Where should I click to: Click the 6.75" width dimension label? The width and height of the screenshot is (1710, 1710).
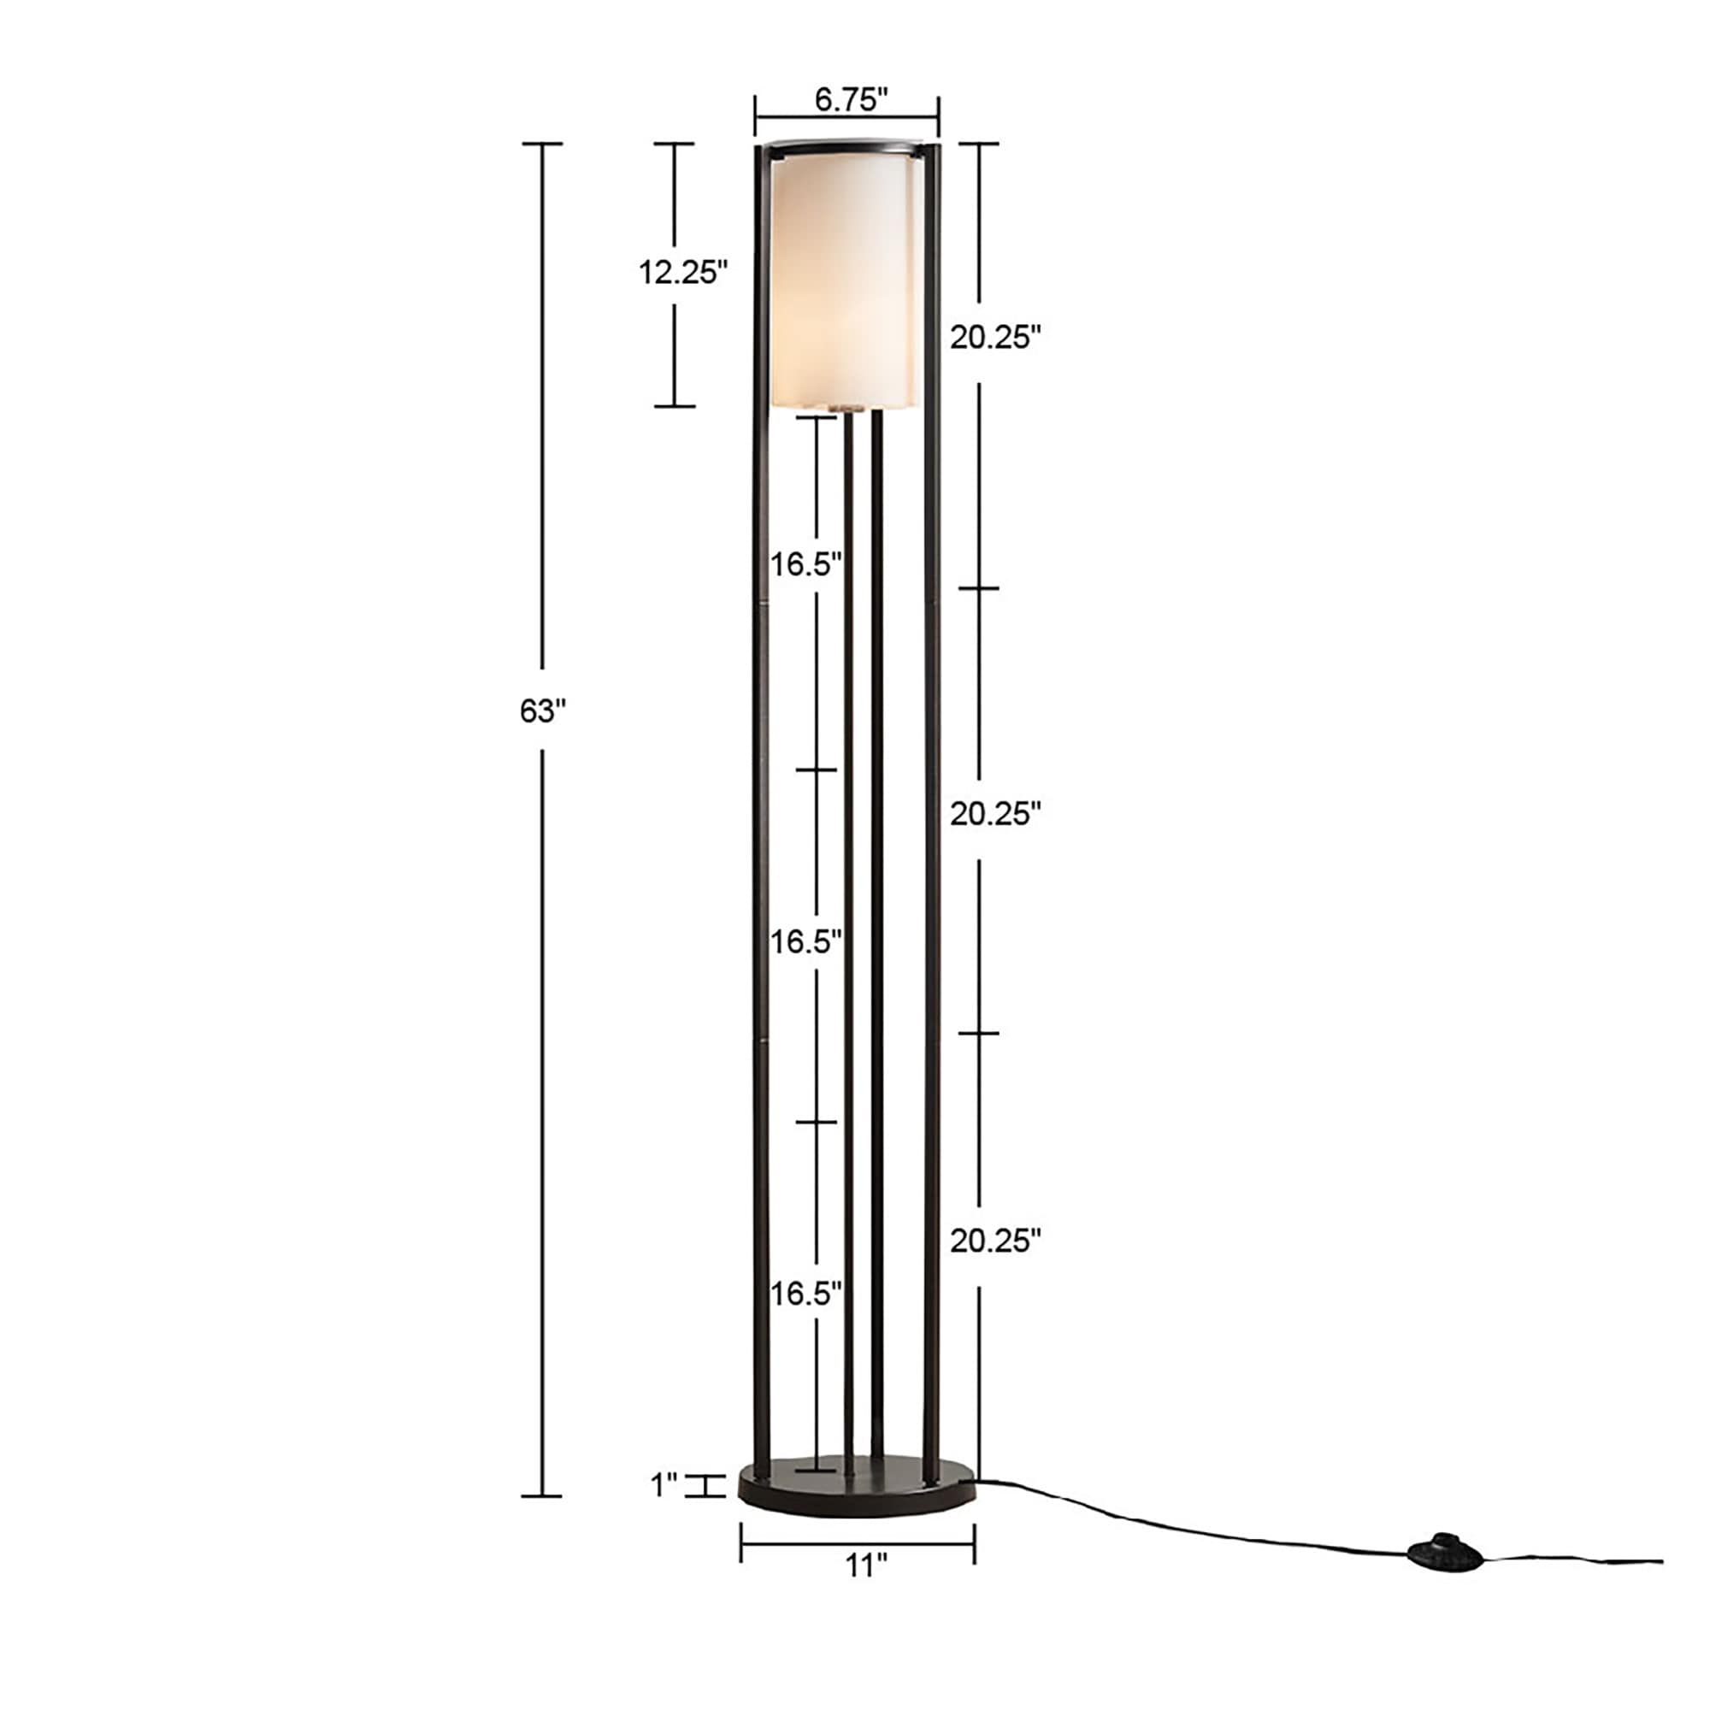[x=851, y=100]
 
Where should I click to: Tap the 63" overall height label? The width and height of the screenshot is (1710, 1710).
[x=542, y=711]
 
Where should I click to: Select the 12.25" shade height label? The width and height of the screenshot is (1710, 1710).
[x=683, y=273]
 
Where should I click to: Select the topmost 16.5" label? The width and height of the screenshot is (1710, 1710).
[x=805, y=563]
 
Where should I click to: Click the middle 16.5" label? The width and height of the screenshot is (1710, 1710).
[x=805, y=941]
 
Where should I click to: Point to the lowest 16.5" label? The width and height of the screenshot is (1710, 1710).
[x=805, y=1294]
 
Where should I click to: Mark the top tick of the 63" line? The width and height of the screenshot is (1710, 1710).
[x=542, y=144]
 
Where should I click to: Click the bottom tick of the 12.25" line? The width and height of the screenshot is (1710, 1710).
[x=675, y=406]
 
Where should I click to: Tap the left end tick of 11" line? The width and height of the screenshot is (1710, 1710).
[x=741, y=1542]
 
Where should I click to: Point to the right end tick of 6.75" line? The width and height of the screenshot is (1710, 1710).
[x=938, y=115]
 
